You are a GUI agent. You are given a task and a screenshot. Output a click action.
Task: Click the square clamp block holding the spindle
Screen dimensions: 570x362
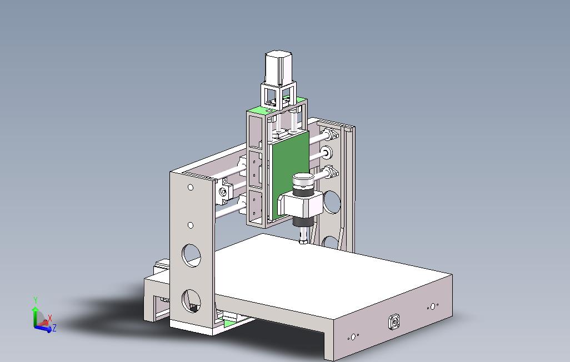tap(300, 205)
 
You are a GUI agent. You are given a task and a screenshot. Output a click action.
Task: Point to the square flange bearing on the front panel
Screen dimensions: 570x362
tap(394, 322)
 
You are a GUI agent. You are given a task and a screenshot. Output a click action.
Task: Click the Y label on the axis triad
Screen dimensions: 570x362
tap(36, 300)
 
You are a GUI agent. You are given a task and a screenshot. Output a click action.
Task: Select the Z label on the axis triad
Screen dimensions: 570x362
tap(54, 328)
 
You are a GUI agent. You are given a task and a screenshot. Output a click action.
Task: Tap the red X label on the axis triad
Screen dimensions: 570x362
tap(50, 318)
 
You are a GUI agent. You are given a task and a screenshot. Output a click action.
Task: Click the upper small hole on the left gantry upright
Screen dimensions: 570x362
tap(191, 187)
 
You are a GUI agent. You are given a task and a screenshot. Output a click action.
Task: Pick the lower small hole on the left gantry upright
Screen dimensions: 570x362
tap(191, 225)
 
